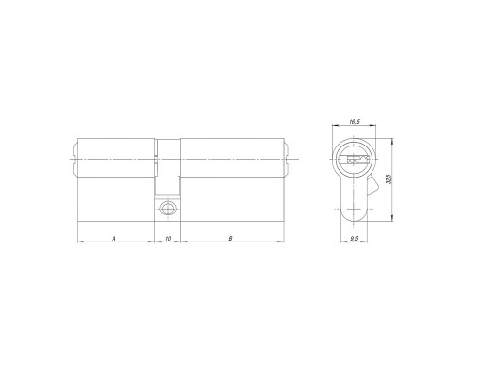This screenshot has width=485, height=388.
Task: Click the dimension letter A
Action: (x=113, y=239)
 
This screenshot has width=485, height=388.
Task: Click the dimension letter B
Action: (x=230, y=239)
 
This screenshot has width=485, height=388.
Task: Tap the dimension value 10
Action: (x=168, y=239)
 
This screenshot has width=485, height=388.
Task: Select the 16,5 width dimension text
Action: (x=354, y=122)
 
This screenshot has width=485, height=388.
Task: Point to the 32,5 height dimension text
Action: (x=389, y=178)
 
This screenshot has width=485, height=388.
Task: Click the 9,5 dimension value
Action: (x=354, y=239)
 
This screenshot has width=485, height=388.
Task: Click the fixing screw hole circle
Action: (x=168, y=209)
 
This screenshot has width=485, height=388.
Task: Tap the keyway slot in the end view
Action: (x=354, y=159)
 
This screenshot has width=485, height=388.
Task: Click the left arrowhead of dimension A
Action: (x=81, y=242)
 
